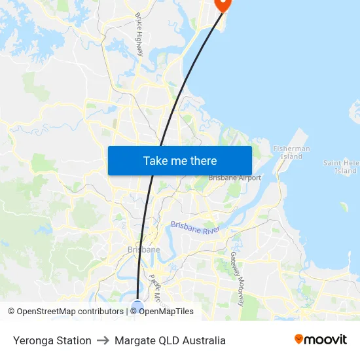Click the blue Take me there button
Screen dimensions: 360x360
[179, 160]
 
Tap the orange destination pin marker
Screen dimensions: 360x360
[223, 4]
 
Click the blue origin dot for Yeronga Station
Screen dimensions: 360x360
[137, 306]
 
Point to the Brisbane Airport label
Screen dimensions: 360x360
[234, 177]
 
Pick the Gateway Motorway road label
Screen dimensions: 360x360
[237, 278]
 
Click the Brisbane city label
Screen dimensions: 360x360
[143, 249]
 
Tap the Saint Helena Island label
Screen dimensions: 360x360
[340, 166]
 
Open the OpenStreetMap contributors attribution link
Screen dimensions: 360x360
[70, 312]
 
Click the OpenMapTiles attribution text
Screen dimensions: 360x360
[166, 312]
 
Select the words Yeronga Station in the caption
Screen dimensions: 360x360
[52, 340]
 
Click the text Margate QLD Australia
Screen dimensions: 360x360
[170, 340]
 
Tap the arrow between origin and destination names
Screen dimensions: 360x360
[103, 340]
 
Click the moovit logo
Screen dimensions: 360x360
[320, 339]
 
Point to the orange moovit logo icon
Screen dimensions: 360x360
[299, 339]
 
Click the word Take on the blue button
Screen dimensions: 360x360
[155, 160]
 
